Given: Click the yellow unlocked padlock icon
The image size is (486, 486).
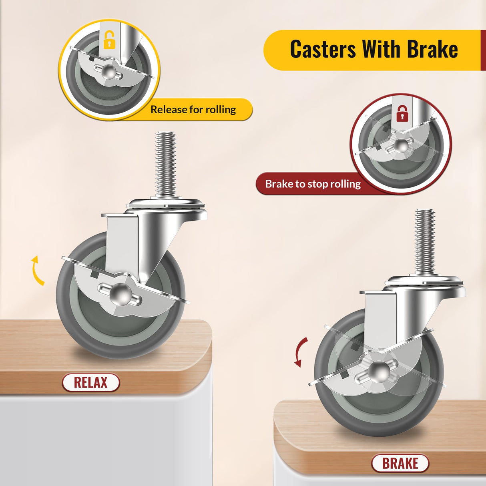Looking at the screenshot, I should [x=109, y=40].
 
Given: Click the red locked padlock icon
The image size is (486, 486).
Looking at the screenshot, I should [x=402, y=113].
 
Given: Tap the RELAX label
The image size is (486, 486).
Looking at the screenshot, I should [x=91, y=382].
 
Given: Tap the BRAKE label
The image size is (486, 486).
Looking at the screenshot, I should [x=400, y=463].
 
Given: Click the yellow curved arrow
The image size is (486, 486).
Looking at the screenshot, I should [x=37, y=271].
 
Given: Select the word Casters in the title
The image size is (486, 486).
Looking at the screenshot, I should [x=322, y=50].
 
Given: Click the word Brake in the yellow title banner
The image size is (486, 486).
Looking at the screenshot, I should [x=432, y=50].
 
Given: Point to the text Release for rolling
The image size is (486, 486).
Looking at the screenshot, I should [x=193, y=109].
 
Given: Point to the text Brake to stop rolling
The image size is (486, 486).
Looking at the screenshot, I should [x=313, y=184].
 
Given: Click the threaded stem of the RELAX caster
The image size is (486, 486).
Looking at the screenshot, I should [x=166, y=164].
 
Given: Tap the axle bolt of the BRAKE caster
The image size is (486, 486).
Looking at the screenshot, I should [x=378, y=371].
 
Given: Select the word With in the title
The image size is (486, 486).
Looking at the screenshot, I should [x=381, y=50].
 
